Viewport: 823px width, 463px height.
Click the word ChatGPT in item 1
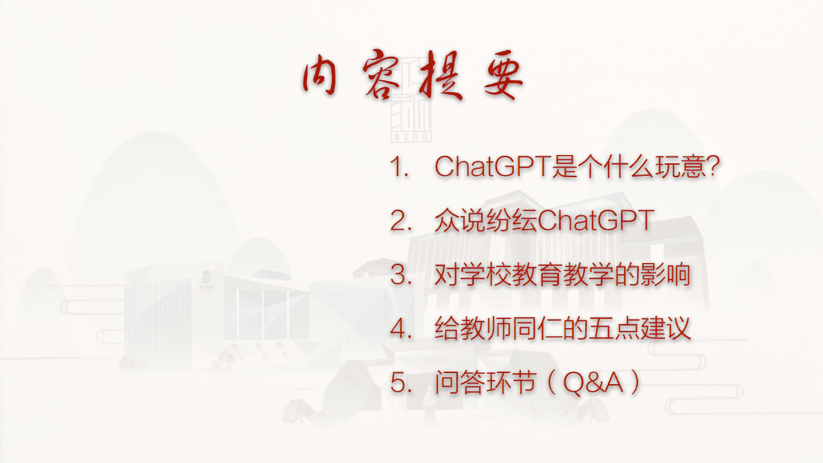[x=492, y=167]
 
